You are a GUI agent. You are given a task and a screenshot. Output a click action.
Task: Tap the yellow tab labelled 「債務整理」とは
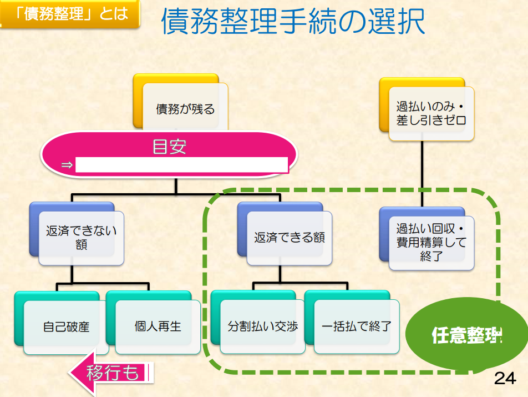click(70, 14)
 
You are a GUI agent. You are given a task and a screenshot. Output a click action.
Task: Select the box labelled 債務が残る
click(185, 109)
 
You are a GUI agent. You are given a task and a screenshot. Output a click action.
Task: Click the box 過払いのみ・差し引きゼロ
click(431, 113)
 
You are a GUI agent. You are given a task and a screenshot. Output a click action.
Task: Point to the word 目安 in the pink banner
click(169, 147)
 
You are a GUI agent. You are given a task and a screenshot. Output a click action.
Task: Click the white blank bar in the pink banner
click(181, 165)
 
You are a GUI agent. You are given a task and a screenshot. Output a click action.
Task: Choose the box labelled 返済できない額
click(81, 238)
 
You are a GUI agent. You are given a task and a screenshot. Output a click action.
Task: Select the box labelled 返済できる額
click(289, 238)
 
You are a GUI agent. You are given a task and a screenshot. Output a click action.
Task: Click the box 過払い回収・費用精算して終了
click(431, 243)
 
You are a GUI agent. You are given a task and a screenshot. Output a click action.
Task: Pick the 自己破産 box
click(66, 326)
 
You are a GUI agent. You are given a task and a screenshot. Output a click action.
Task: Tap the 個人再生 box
click(158, 326)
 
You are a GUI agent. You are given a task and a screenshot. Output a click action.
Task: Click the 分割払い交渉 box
click(262, 326)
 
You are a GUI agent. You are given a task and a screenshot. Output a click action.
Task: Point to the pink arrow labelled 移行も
click(111, 373)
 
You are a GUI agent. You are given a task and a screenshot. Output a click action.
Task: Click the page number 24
click(505, 379)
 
